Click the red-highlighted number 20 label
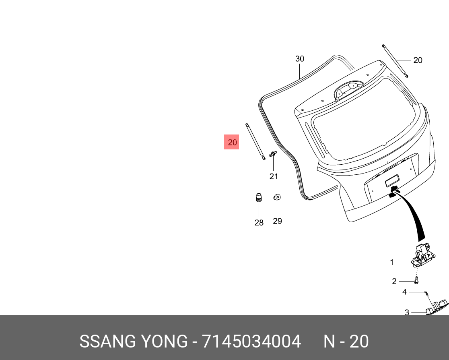point(232,142)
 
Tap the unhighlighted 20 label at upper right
point(418,60)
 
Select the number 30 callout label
point(300,59)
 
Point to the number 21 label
point(274,176)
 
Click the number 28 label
point(259,222)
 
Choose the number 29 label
point(277,221)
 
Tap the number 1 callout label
point(391,262)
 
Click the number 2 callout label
point(394,281)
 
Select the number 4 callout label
point(405,292)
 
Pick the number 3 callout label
point(407,312)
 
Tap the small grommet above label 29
point(277,197)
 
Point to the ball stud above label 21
point(273,154)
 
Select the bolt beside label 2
point(416,281)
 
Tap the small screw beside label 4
point(426,292)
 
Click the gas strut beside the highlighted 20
point(255,141)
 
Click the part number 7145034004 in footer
point(251,341)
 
